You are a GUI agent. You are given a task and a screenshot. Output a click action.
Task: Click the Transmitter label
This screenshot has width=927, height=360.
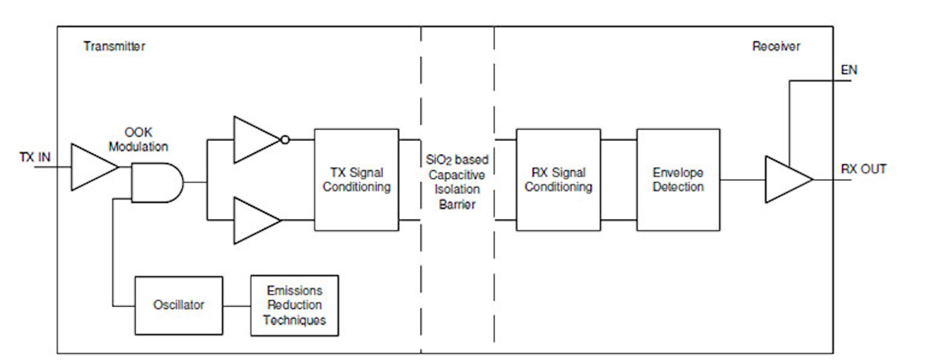114,46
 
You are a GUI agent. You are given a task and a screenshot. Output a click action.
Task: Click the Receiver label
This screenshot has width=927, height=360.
776,46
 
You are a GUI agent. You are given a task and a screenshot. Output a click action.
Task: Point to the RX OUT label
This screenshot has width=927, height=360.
863,169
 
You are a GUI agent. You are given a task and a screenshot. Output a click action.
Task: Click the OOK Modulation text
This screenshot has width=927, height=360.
138,140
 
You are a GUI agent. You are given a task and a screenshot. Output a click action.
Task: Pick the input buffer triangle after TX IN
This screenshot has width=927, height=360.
91,167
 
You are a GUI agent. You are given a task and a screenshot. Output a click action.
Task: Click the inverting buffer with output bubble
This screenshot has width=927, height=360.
255,139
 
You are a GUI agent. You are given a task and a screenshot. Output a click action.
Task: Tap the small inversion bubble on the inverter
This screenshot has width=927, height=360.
284,139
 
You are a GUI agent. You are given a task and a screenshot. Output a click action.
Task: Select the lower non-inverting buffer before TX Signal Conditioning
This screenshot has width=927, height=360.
255,220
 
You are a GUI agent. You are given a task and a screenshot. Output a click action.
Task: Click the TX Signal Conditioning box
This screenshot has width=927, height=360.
356,180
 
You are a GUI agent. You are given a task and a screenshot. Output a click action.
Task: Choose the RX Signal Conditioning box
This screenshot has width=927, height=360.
557,180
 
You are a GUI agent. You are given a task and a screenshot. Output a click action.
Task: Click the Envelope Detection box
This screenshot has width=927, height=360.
678,180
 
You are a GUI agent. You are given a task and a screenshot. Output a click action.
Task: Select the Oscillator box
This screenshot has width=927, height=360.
178,305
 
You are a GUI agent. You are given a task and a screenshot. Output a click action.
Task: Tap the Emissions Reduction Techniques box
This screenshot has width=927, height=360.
294,305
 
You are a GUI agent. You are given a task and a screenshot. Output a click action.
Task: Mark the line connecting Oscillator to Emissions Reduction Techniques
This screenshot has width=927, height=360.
236,305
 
